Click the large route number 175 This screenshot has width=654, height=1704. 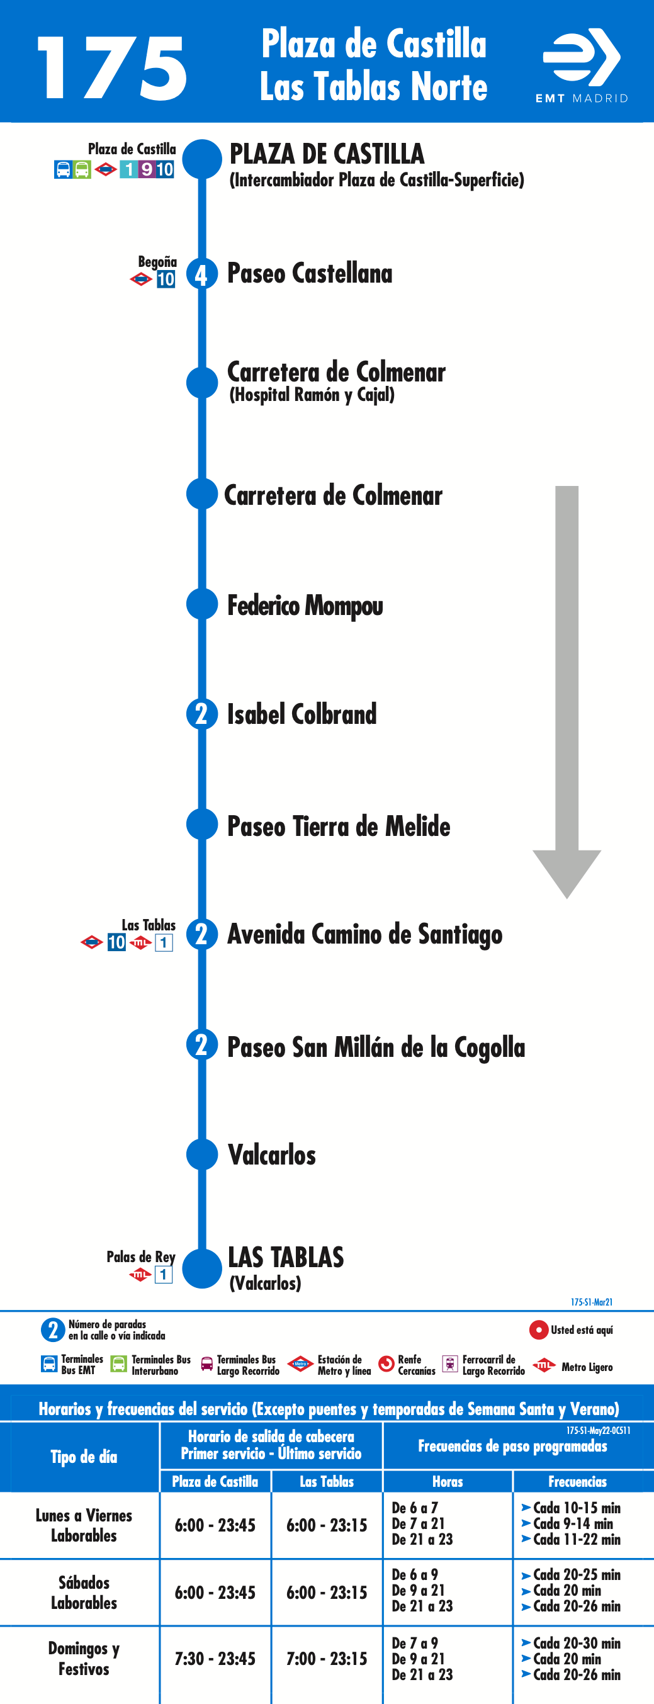point(113,68)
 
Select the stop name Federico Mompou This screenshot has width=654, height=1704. point(305,606)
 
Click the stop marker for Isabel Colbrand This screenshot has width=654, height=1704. point(201,714)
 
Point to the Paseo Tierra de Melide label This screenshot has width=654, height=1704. point(339,827)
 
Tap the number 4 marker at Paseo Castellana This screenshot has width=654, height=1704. point(201,274)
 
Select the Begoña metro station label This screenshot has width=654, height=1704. point(157,262)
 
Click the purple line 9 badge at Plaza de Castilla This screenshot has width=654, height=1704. point(146,169)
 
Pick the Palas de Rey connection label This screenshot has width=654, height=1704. point(141,1257)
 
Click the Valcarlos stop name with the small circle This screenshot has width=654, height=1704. point(272,1155)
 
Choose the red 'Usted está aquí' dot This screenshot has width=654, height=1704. point(538,1329)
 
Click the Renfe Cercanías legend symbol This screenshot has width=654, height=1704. point(386,1364)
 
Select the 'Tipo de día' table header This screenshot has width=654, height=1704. point(84,1457)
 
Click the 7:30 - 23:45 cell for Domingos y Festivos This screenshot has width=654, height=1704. point(215,1659)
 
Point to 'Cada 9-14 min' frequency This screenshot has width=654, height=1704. point(573,1523)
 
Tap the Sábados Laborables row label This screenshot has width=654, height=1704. point(84,1592)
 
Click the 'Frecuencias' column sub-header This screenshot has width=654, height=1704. point(577,1482)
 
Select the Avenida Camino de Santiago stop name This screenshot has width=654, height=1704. point(365,935)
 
